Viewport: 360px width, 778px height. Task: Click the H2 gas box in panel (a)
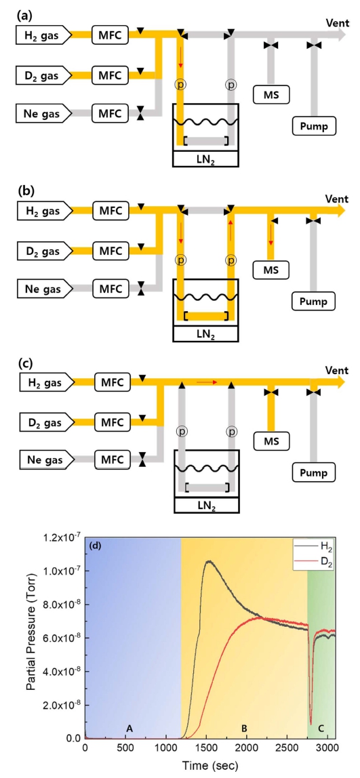(44, 35)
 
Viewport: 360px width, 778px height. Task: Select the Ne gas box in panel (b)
(44, 288)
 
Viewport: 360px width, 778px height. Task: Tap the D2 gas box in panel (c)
(44, 423)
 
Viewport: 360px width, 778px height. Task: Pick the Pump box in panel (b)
(313, 300)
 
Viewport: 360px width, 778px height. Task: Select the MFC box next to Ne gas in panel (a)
(111, 113)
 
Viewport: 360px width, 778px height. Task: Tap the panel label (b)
(25, 190)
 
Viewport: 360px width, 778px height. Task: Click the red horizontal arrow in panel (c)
(207, 382)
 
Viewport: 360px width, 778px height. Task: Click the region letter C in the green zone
(321, 729)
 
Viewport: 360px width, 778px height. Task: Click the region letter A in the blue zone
(129, 729)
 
